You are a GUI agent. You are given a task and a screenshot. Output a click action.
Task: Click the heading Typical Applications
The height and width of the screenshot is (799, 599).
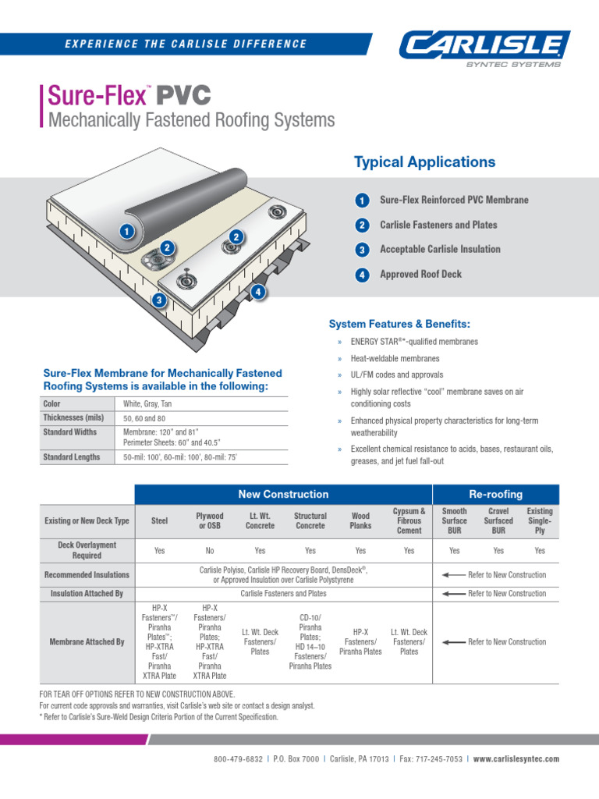click(x=424, y=162)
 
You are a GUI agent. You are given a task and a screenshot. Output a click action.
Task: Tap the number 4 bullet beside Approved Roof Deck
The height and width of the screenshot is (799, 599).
click(x=361, y=275)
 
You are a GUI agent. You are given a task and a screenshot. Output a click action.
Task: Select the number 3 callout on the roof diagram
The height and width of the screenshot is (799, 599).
click(x=159, y=300)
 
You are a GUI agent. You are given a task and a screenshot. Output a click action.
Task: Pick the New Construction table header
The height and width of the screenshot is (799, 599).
click(x=283, y=495)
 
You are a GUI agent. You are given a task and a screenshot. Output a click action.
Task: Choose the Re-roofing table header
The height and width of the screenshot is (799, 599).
click(x=495, y=495)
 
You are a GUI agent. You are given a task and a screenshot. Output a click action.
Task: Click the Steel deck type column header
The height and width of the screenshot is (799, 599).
click(x=159, y=520)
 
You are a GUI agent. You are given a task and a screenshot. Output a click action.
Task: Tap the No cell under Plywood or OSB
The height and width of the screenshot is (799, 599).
click(x=210, y=551)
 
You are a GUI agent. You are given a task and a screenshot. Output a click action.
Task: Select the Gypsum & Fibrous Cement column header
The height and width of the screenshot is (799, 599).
click(x=409, y=520)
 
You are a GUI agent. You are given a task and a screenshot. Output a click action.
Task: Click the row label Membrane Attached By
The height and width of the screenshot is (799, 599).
click(x=87, y=642)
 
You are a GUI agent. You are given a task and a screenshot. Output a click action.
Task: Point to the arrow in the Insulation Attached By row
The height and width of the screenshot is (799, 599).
click(x=452, y=594)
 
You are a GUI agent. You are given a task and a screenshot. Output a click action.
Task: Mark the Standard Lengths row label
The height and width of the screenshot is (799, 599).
click(x=71, y=457)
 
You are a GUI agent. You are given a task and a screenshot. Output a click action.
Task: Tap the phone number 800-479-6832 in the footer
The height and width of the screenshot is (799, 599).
click(x=239, y=758)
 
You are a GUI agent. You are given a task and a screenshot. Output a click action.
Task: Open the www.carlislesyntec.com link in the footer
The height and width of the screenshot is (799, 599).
click(x=516, y=758)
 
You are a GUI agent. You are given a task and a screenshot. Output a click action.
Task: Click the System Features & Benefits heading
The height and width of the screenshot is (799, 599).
click(x=399, y=324)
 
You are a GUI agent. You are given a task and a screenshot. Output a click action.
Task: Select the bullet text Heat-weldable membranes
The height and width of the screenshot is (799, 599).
click(x=395, y=358)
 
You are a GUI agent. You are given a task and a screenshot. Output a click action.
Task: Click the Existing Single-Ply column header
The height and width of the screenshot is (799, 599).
click(x=540, y=520)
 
